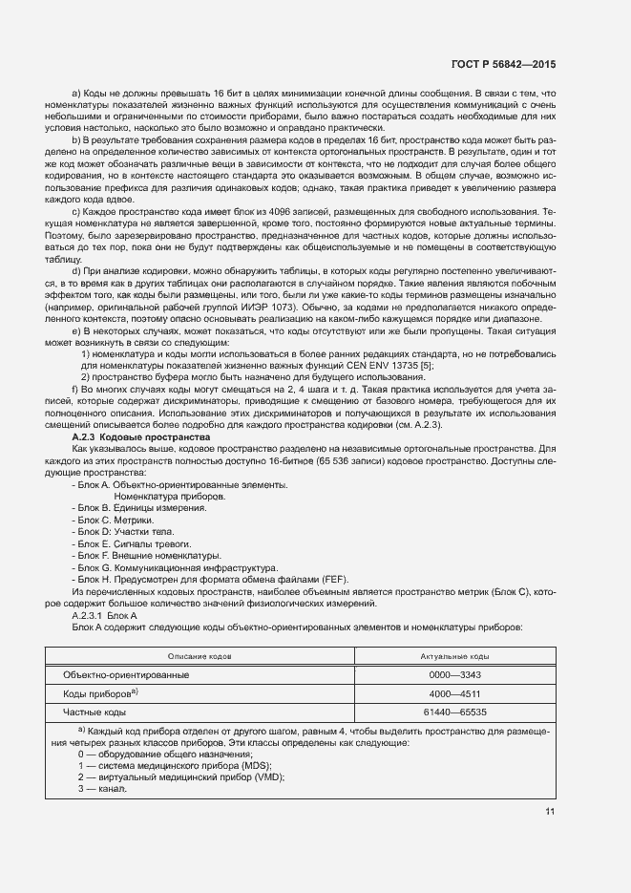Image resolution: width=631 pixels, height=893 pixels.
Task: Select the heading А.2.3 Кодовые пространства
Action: (128, 437)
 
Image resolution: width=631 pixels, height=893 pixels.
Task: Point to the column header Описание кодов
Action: (200, 657)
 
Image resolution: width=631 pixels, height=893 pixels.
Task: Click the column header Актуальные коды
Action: (454, 657)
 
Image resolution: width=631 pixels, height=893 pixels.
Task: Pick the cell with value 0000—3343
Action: (454, 675)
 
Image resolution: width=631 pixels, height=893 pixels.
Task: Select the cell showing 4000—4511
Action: (454, 693)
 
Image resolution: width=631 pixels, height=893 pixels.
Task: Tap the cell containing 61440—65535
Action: (454, 712)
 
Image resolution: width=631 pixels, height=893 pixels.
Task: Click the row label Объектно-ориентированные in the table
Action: (126, 675)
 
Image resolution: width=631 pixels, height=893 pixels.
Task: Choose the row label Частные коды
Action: (94, 712)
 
